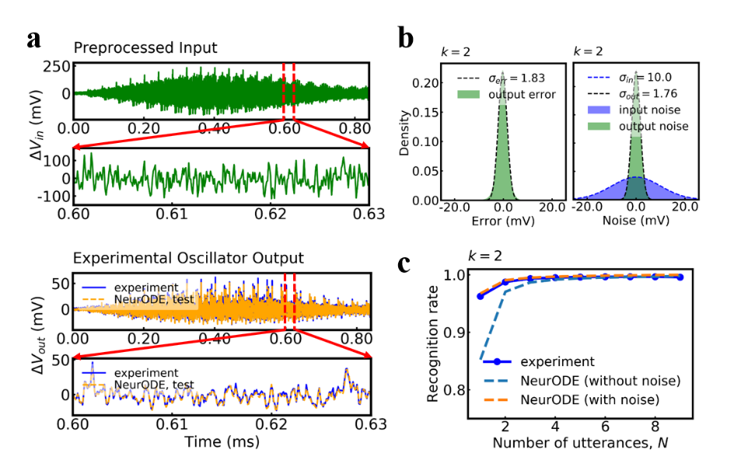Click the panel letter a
(33, 39)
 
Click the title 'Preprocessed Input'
(145, 47)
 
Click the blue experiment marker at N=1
(480, 296)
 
